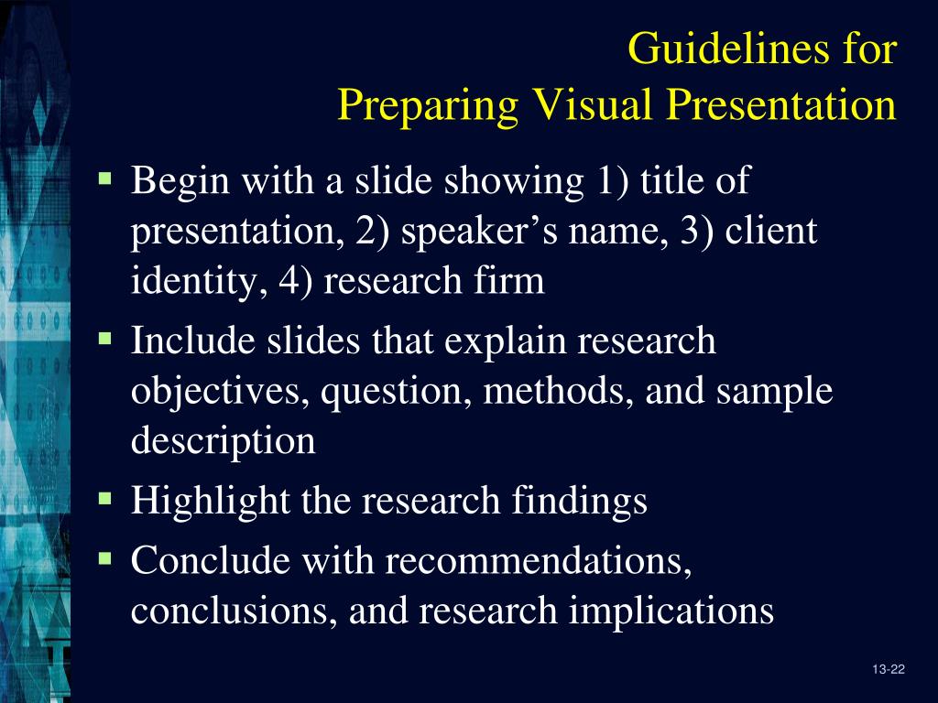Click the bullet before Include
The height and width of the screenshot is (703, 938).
[105, 339]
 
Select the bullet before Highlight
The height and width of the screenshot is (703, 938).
[105, 498]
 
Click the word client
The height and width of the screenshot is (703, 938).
[770, 233]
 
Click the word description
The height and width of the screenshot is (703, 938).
[224, 441]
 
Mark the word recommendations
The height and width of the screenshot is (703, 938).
[539, 560]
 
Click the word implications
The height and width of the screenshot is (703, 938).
[671, 610]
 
